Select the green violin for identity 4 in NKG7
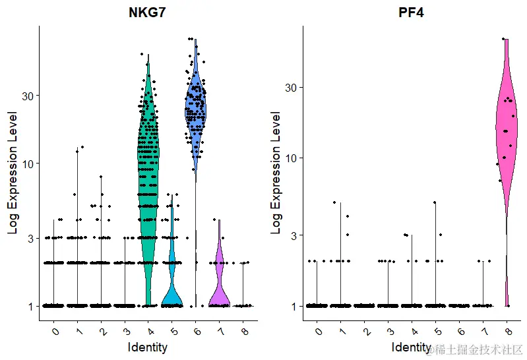(x=148, y=165)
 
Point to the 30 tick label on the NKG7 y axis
(x=28, y=96)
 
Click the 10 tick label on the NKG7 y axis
(x=28, y=164)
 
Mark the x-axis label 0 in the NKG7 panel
(x=55, y=329)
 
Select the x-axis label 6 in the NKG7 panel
(x=196, y=329)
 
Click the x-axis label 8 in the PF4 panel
(x=507, y=329)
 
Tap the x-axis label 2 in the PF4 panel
(x=365, y=329)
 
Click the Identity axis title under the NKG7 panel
(x=148, y=347)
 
